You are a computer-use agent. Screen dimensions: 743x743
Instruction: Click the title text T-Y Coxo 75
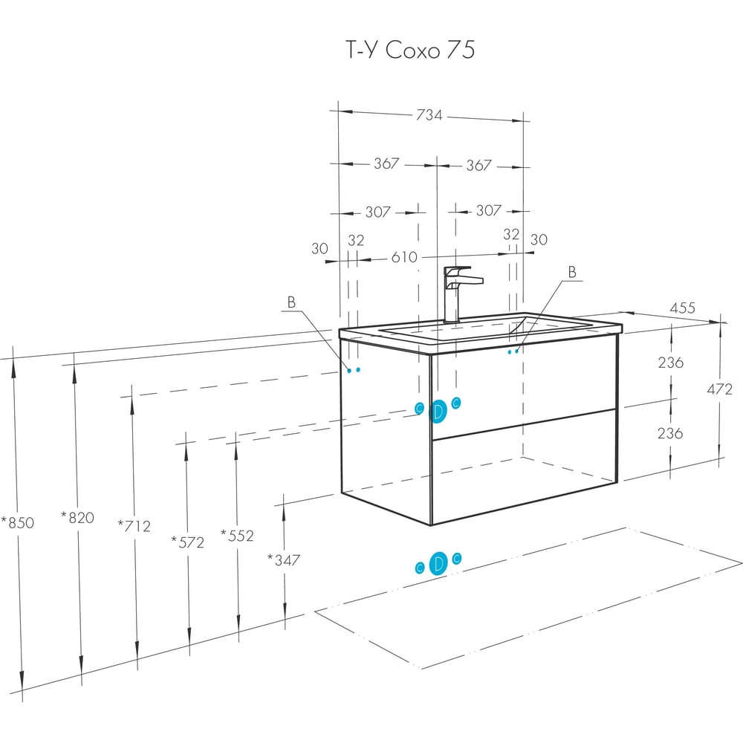(x=410, y=49)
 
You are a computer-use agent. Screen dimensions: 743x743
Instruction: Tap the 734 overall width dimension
(x=429, y=115)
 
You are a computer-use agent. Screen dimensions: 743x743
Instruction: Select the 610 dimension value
(x=404, y=257)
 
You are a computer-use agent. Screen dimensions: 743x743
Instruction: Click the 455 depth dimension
(x=682, y=308)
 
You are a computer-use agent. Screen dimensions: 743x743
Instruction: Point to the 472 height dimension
(x=719, y=389)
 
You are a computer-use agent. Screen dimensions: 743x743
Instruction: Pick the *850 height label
(x=18, y=522)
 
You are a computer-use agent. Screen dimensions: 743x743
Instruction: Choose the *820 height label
(x=78, y=517)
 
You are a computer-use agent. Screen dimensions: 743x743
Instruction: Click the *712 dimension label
(x=134, y=525)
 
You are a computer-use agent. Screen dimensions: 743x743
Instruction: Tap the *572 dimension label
(x=188, y=542)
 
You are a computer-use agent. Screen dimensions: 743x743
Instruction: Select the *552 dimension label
(x=238, y=536)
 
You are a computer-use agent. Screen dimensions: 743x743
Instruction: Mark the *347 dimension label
(x=284, y=560)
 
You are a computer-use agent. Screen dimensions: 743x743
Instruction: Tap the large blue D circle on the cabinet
(x=438, y=411)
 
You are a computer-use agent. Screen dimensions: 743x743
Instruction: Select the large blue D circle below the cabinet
(x=438, y=564)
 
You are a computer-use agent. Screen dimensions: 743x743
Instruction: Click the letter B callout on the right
(x=572, y=272)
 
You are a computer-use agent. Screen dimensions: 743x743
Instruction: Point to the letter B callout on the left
(x=291, y=302)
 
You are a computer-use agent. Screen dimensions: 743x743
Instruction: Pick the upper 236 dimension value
(x=670, y=363)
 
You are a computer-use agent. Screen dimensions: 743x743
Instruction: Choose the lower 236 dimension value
(x=670, y=433)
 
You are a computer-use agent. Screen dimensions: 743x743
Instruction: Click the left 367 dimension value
(x=386, y=163)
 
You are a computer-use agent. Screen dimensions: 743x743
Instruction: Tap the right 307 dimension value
(x=489, y=210)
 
